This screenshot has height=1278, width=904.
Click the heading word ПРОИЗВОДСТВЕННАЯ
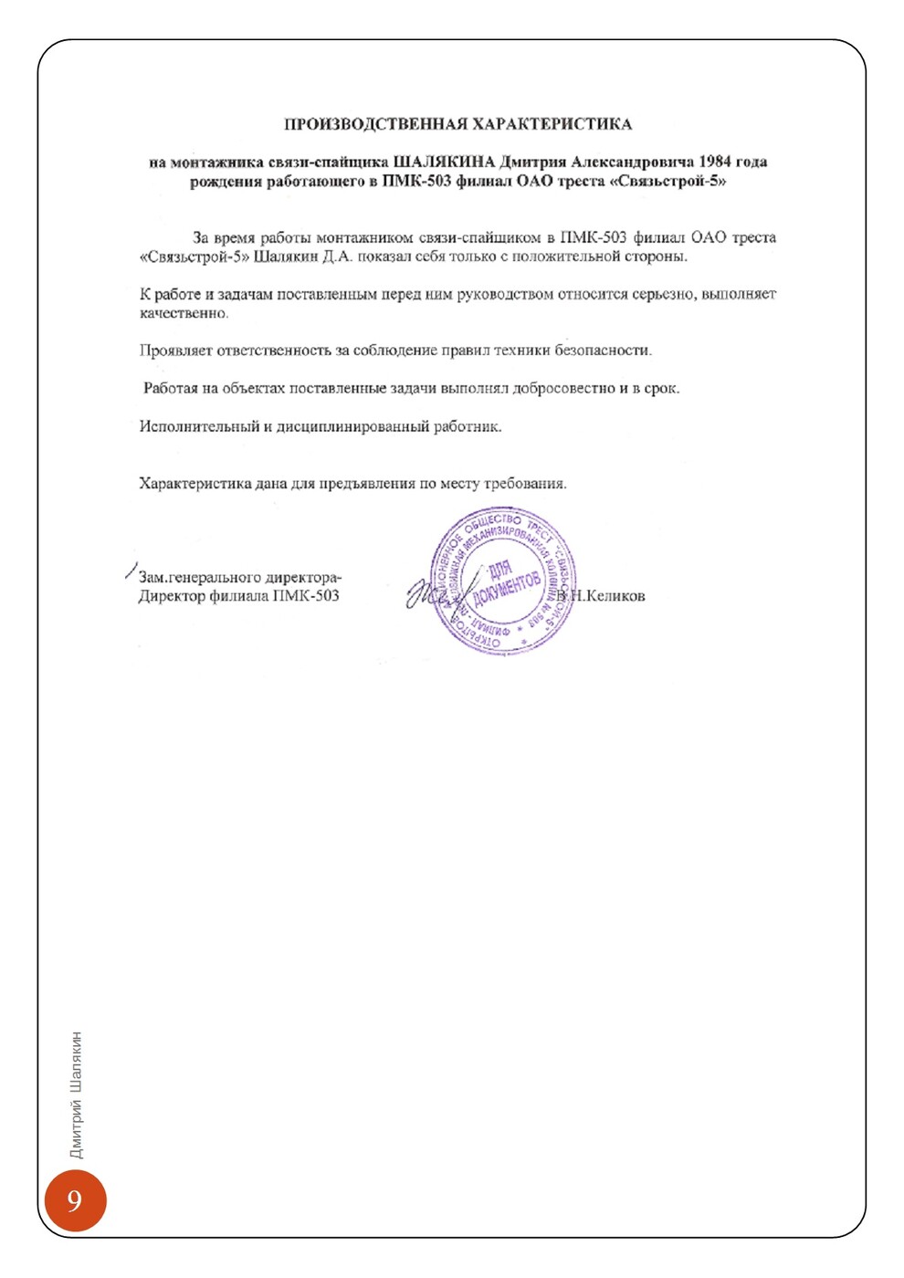tap(376, 124)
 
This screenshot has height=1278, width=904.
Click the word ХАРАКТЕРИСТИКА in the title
tap(552, 124)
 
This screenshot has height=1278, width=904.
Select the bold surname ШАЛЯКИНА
tap(444, 162)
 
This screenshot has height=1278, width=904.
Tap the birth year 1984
tap(715, 162)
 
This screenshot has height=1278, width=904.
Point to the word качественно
tap(184, 313)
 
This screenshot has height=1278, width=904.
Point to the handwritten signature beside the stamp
tap(434, 593)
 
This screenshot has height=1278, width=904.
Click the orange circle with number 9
tap(75, 1199)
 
